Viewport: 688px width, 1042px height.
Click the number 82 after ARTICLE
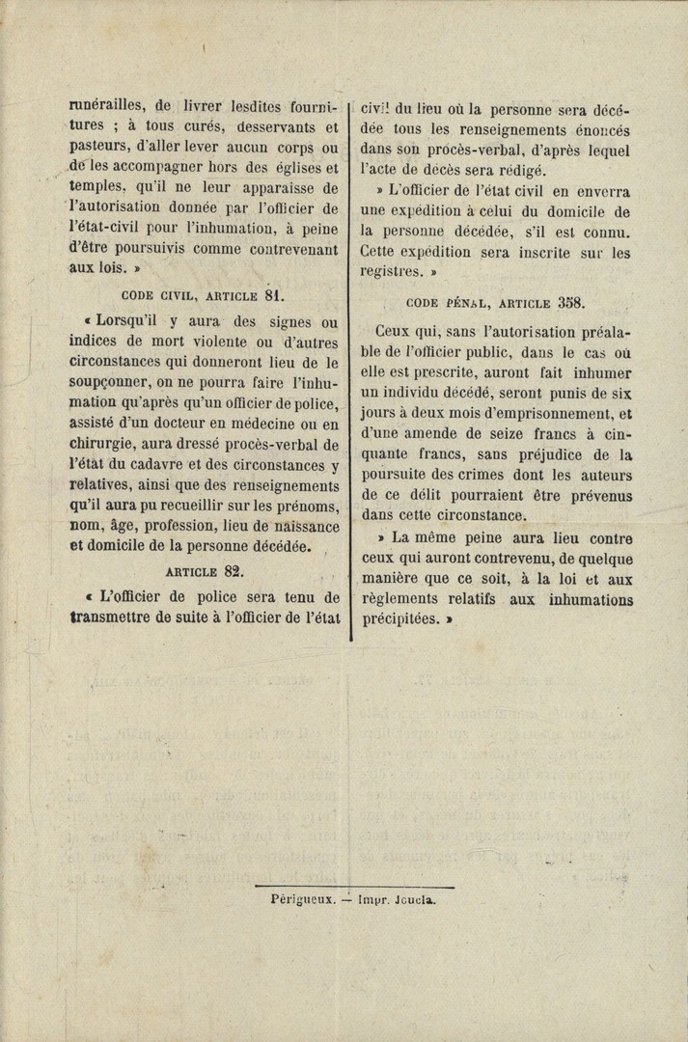coord(233,570)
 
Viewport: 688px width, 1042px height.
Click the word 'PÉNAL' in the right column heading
coord(466,303)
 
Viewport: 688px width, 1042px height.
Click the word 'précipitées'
coord(398,620)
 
